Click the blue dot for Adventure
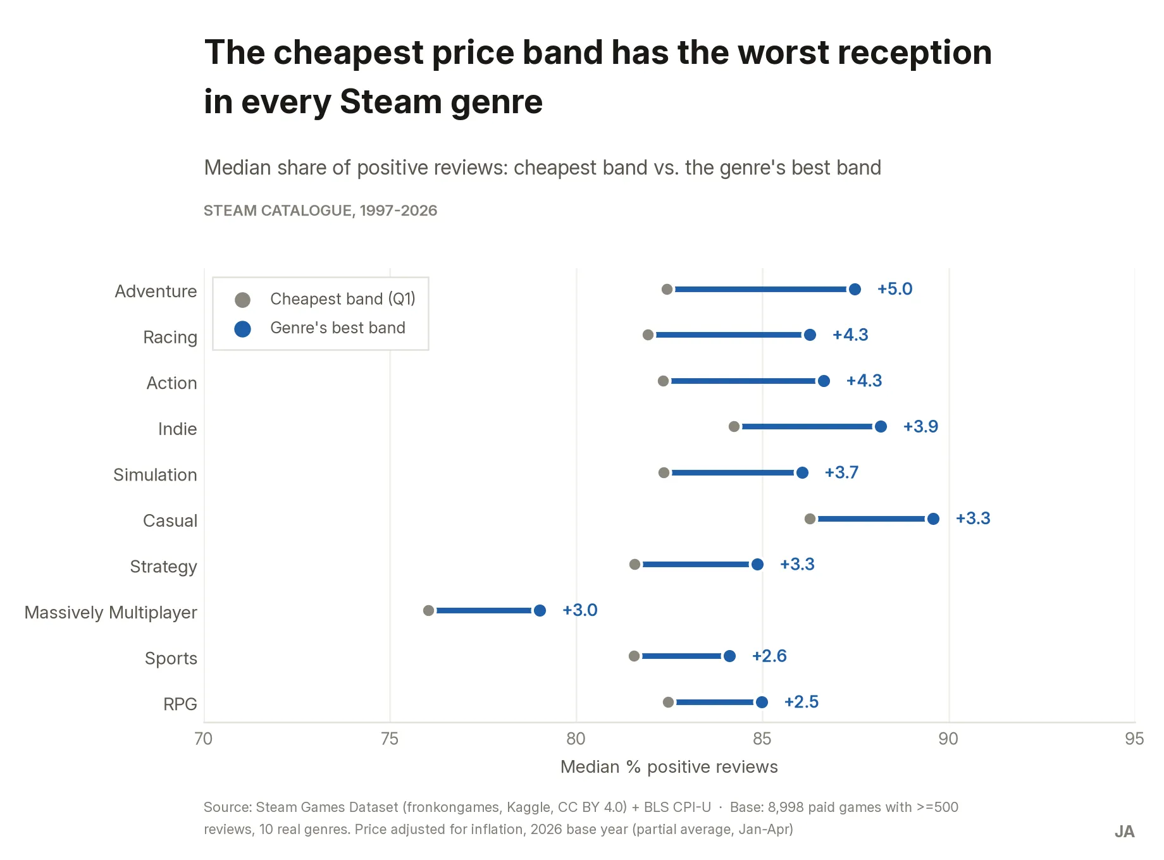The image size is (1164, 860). click(x=855, y=289)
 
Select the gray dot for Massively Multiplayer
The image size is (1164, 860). click(x=428, y=610)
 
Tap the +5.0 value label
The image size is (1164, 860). click(x=895, y=289)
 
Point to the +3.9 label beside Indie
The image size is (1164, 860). click(x=920, y=426)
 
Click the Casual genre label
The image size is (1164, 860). click(x=170, y=520)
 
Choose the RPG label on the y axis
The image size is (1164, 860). click(x=180, y=704)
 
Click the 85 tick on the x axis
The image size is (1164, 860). click(x=762, y=739)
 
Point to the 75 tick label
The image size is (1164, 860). click(x=390, y=739)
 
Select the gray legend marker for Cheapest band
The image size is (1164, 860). click(x=242, y=300)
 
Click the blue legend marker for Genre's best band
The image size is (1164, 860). click(x=242, y=329)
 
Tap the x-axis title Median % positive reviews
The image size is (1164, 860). click(x=669, y=767)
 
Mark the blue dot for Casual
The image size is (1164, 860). click(x=933, y=519)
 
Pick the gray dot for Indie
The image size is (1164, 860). click(x=734, y=427)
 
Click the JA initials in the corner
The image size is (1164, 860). click(x=1124, y=832)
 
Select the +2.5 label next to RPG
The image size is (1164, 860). click(x=802, y=702)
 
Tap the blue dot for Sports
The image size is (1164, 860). click(x=729, y=656)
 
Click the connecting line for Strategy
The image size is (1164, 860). click(x=696, y=564)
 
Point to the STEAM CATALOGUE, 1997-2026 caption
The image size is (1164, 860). click(x=320, y=211)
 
